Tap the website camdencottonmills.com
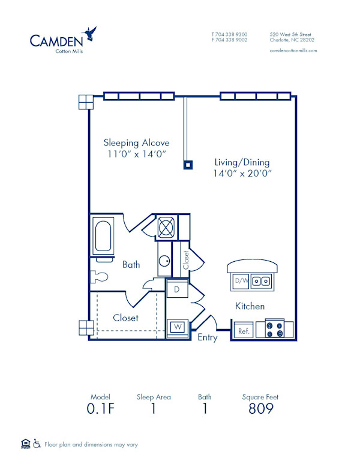pyautogui.click(x=293, y=51)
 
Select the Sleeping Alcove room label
pyautogui.click(x=136, y=143)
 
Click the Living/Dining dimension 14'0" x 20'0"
pyautogui.click(x=242, y=174)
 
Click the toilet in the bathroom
pyautogui.click(x=98, y=277)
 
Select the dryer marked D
pyautogui.click(x=177, y=289)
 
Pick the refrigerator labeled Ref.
pyautogui.click(x=244, y=331)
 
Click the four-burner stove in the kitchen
pyautogui.click(x=275, y=330)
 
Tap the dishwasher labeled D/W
pyautogui.click(x=241, y=280)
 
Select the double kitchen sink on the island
pyautogui.click(x=260, y=280)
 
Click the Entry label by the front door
pyautogui.click(x=208, y=338)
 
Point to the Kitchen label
pyautogui.click(x=250, y=306)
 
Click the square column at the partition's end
pyautogui.click(x=188, y=164)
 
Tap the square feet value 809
pyautogui.click(x=260, y=410)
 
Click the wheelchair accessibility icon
pyautogui.click(x=37, y=444)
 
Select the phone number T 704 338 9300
pyautogui.click(x=229, y=35)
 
